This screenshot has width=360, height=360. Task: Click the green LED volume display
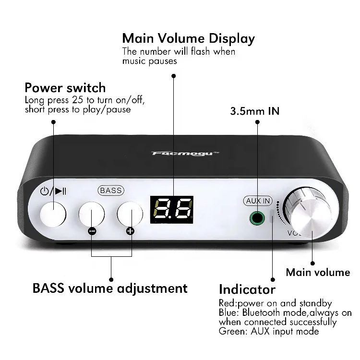point(171,210)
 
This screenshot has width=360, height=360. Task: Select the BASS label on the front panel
point(111,190)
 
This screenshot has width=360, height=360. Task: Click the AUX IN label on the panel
point(258,201)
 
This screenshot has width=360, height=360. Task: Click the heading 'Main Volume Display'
point(188,38)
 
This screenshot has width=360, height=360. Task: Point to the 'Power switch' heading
point(65,88)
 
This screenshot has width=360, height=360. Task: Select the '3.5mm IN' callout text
point(255,111)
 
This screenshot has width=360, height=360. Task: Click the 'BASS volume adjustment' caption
point(110,288)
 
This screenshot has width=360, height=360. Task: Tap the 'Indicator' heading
point(247,289)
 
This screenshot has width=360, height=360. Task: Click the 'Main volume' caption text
point(318,273)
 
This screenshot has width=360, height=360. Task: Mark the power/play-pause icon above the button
point(53,192)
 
